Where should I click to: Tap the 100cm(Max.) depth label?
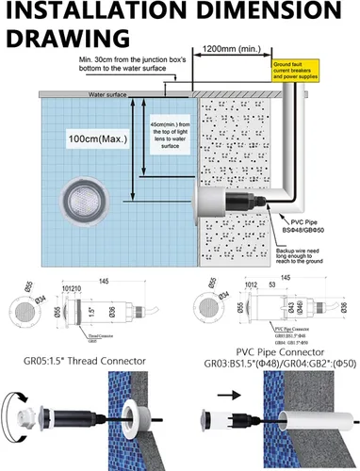coord(94,138)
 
